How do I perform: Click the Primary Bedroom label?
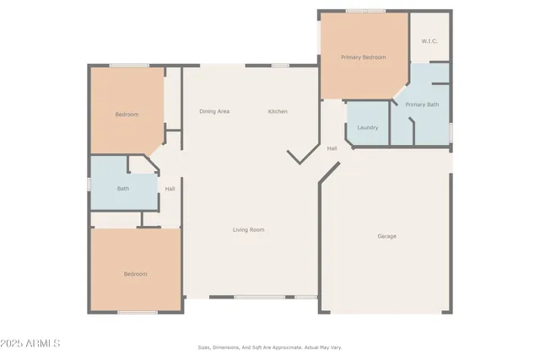[363, 57]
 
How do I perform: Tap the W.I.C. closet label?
[429, 40]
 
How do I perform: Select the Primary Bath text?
[421, 105]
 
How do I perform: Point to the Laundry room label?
[367, 127]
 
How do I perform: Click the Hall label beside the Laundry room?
[332, 148]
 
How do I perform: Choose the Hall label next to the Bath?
[170, 189]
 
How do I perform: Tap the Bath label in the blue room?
[123, 189]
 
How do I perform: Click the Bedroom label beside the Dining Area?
[127, 114]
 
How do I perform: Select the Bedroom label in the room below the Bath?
[136, 274]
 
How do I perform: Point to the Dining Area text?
[214, 111]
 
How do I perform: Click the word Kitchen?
[278, 111]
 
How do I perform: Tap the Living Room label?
[249, 229]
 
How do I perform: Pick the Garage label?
[386, 236]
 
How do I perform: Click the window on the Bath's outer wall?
[89, 183]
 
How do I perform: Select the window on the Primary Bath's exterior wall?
[451, 132]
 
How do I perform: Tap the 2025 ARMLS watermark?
[30, 344]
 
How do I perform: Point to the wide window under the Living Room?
[259, 297]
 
